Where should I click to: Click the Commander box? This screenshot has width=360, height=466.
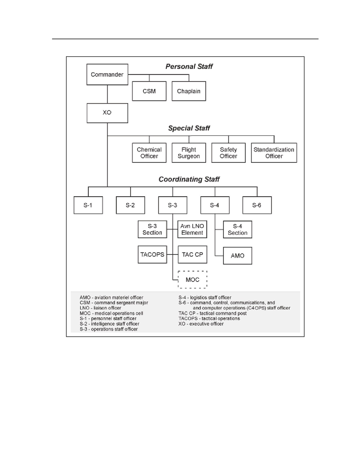107,74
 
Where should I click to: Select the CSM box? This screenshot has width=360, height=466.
149,91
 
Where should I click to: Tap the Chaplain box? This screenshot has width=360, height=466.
189,91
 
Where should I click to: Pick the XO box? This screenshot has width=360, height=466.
107,113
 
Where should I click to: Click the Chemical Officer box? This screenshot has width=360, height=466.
149,153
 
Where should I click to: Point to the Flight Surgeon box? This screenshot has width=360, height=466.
189,153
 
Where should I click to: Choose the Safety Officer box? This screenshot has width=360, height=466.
228,153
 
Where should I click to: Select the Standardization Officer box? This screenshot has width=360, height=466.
274,153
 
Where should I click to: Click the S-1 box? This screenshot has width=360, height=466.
88,205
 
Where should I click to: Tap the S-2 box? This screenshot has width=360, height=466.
130,205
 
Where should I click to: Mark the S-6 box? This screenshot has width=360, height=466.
257,205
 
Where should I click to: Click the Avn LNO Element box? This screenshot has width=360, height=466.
192,229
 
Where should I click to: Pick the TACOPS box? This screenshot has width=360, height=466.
152,254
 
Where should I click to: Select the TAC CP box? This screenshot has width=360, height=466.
192,254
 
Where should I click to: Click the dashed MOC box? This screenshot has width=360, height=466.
192,280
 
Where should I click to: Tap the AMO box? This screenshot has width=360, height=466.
237,256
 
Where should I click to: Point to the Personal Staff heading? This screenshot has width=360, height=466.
189,66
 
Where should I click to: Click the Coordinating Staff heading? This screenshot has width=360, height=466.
189,179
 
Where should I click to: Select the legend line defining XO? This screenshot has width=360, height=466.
201,324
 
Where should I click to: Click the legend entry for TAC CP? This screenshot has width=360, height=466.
213,313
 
